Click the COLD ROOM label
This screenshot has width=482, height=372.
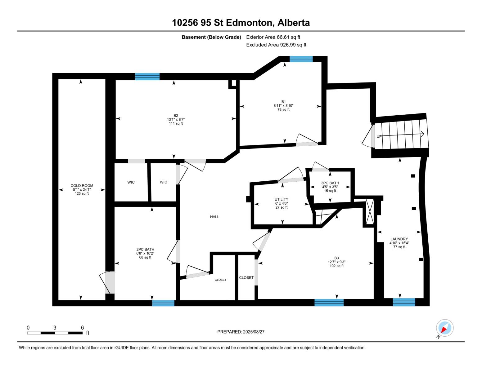pos(82,185)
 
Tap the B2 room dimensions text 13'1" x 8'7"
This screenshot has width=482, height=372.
pos(176,119)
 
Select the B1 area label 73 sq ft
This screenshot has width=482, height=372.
pos(283,109)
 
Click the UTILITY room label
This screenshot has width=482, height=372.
pos(281,199)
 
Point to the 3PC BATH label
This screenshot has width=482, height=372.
pos(330,183)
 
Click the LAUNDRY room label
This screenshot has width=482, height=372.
pos(399,239)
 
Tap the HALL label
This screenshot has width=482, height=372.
pos(214,217)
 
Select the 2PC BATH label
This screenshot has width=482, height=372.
pos(145,249)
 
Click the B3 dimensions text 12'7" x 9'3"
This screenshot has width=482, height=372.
pos(336,262)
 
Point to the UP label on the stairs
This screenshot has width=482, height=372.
pos(379,136)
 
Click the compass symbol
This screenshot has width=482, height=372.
pos(444,328)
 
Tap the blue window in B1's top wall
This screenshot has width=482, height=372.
pos(301,59)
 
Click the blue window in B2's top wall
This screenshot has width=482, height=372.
pos(147,77)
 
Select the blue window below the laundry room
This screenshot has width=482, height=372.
pos(404,302)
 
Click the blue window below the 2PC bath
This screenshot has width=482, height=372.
pos(163,303)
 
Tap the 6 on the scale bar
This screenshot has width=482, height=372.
pos(82,328)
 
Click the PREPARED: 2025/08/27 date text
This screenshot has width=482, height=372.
pos(241,332)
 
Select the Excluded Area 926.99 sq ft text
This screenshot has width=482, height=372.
pos(276,45)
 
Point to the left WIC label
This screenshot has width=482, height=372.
pos(131,182)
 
